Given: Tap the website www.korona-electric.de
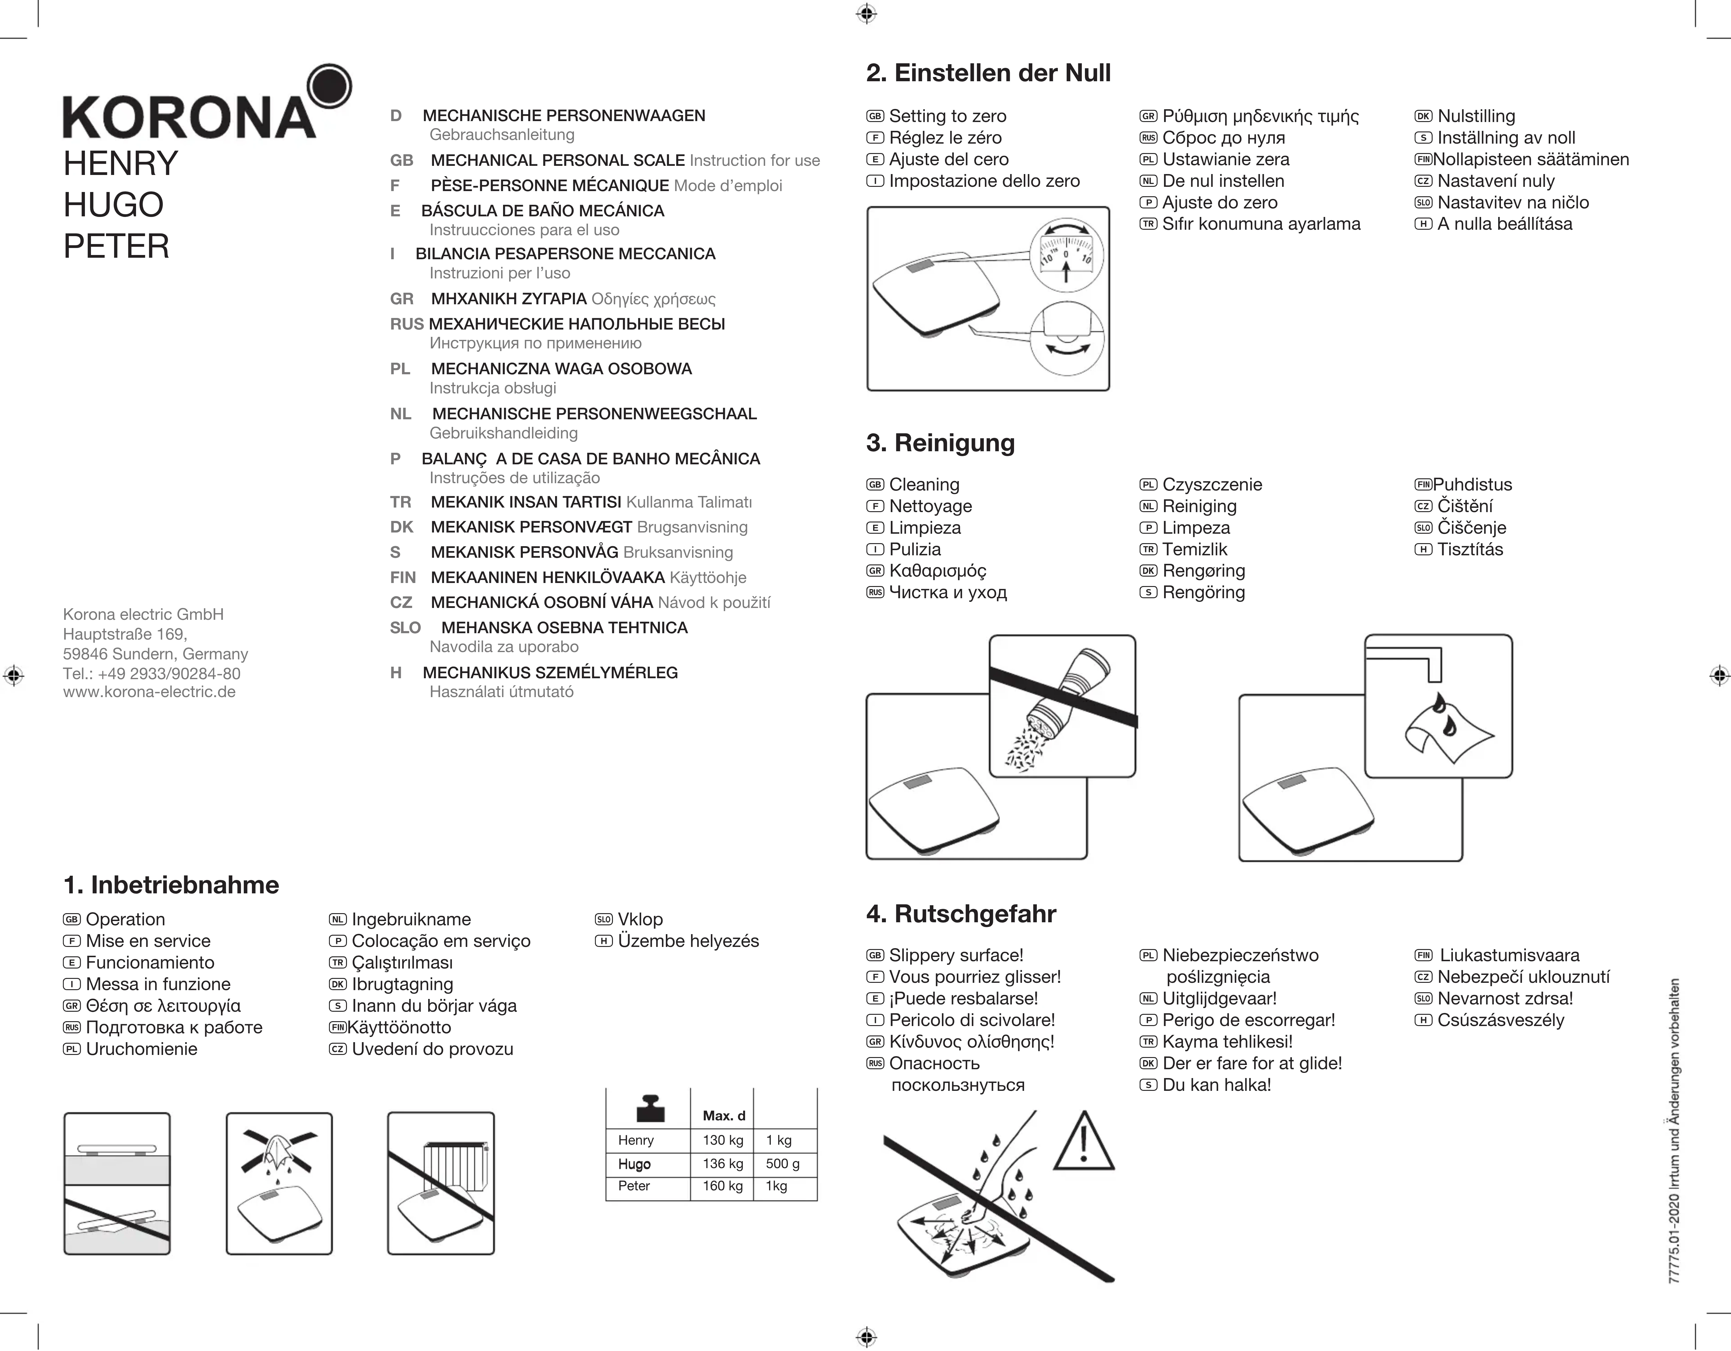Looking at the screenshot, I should [149, 692].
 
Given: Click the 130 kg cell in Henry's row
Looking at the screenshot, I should [722, 1140].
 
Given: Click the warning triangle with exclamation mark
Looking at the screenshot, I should [1083, 1143].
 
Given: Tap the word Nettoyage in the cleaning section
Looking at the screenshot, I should [930, 506].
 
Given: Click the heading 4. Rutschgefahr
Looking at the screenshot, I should [961, 914].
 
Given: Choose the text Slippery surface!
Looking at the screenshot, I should [956, 956].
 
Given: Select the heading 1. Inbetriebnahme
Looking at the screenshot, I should [171, 885].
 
